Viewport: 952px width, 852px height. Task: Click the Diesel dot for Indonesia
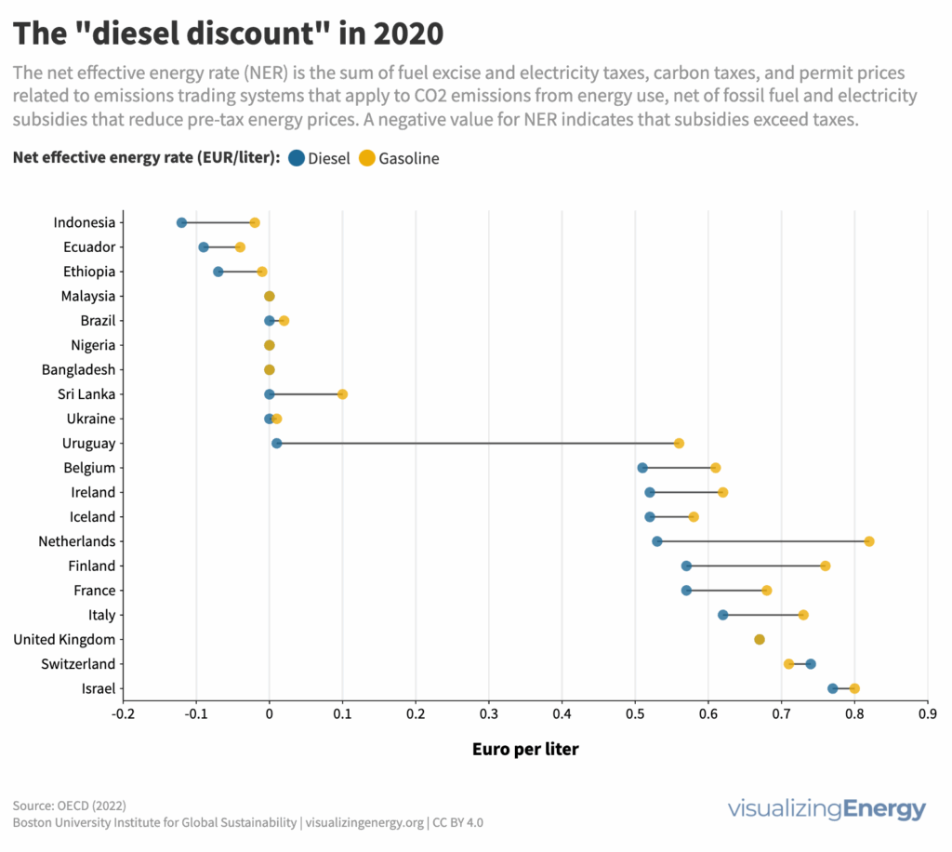[181, 222]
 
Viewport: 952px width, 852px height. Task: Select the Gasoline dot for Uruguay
[679, 443]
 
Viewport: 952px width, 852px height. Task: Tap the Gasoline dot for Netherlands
[869, 541]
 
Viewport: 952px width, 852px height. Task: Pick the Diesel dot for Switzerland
[811, 664]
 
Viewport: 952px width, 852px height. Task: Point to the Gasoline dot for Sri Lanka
[342, 394]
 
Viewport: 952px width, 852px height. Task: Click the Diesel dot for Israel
[833, 688]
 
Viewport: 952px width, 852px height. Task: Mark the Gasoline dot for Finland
[826, 566]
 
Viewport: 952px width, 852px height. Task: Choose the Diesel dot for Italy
[723, 615]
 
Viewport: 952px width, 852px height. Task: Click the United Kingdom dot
[760, 639]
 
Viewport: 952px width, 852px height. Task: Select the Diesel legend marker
[297, 158]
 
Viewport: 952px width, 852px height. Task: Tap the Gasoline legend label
[408, 159]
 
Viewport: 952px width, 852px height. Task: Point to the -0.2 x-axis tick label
[122, 714]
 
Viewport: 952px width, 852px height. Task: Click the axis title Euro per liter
[525, 749]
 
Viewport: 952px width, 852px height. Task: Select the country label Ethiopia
[90, 272]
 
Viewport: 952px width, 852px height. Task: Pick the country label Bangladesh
[79, 369]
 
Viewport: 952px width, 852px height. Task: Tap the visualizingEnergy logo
[826, 807]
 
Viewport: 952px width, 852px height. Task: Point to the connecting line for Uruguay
[474, 443]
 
